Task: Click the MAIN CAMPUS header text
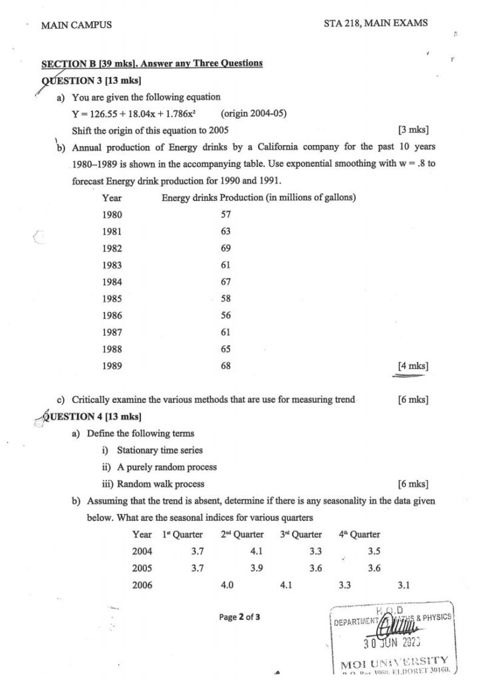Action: point(76,25)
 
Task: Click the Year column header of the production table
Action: point(112,198)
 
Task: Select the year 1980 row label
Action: point(112,215)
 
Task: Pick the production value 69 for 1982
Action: point(225,248)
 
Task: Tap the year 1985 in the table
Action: point(112,299)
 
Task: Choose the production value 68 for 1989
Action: point(225,366)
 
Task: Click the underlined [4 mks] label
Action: point(412,366)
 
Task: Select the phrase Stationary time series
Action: point(160,450)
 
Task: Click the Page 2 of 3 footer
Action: point(239,616)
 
